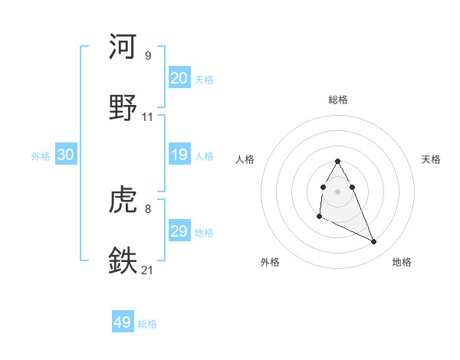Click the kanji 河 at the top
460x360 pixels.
[123, 47]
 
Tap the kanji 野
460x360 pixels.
[123, 106]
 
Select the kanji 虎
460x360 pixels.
[123, 200]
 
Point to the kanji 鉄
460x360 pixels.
[123, 260]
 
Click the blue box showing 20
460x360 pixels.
[179, 78]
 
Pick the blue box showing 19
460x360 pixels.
[179, 155]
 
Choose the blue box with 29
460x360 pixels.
[179, 231]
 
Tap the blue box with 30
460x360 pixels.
[66, 155]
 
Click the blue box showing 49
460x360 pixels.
[123, 322]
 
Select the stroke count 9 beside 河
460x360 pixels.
[147, 56]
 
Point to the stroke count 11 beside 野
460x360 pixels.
[148, 117]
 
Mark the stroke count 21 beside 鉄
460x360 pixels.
[148, 270]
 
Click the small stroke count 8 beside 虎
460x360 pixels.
[147, 209]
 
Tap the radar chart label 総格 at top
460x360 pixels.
[338, 100]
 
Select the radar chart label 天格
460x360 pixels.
[431, 159]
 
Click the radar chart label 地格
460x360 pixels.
[402, 262]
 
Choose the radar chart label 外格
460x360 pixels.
[270, 262]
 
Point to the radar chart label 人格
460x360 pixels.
[245, 159]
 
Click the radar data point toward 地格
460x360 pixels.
[374, 242]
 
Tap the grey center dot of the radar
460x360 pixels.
[338, 191]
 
